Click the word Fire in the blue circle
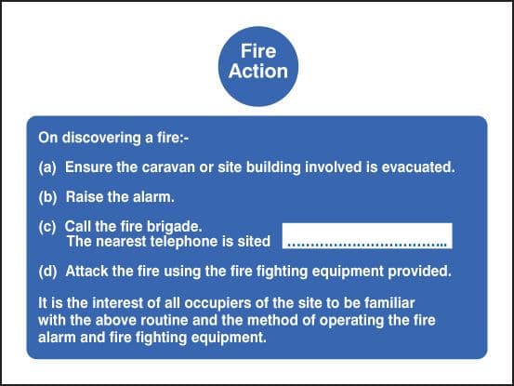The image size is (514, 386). tap(257, 53)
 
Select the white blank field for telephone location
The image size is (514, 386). tap(367, 236)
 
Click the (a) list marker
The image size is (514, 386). tap(47, 168)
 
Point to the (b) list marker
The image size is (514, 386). tap(47, 197)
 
